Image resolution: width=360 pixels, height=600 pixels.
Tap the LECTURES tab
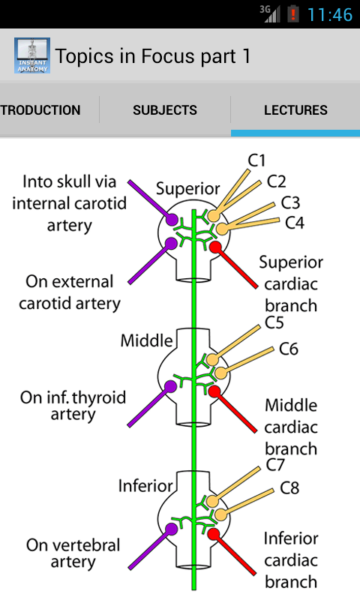pos(295,110)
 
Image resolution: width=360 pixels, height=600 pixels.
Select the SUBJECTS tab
pos(165,110)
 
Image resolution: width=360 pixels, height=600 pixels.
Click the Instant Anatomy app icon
pos(32,55)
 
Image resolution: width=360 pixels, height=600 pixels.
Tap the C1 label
pos(256,160)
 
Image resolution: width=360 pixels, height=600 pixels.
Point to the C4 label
pos(295,223)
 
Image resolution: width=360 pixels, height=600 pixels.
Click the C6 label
pos(289,349)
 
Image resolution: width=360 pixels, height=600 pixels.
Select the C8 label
pos(289,488)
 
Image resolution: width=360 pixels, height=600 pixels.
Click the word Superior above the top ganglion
pos(187,189)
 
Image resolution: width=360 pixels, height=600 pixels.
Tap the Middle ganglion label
pos(146,340)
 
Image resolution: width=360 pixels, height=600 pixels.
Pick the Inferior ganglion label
pos(145,486)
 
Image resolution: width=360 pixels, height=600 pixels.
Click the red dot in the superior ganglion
pos(215,247)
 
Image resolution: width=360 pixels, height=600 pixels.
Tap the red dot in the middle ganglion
pos(214,391)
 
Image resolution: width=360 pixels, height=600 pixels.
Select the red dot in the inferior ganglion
pos(214,534)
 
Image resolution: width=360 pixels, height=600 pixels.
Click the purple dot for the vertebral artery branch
pos(171,529)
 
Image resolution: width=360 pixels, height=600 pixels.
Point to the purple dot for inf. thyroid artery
pos(170,386)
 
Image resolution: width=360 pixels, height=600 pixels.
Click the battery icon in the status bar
pos(293,14)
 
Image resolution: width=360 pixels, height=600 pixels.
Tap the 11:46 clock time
pos(330,14)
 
